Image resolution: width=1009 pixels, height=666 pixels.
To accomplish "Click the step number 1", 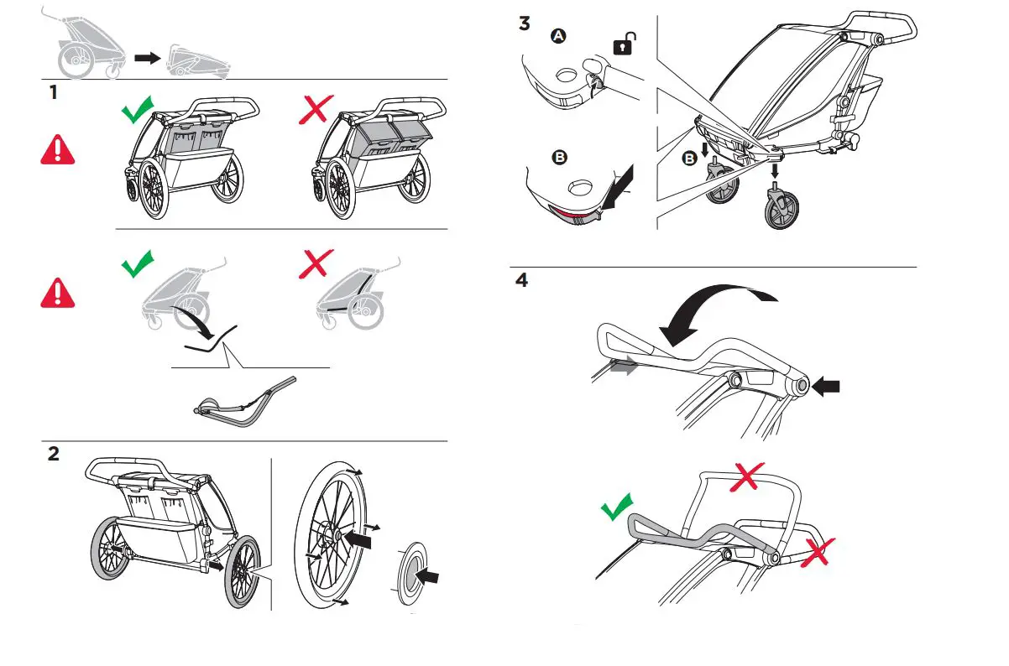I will click(54, 92).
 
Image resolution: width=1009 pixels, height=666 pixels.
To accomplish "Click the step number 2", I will click(54, 454).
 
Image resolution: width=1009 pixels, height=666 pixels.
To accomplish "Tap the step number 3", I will click(525, 23).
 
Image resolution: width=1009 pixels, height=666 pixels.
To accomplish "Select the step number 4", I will click(522, 281).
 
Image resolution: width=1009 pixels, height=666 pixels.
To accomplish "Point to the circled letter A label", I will click(557, 36).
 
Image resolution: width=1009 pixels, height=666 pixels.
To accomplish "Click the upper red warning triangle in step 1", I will click(57, 149).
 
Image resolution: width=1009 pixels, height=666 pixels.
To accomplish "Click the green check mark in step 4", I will click(617, 507).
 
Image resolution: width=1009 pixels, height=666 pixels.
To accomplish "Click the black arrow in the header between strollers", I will click(147, 58).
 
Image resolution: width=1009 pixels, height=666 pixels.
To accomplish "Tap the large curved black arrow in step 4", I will click(714, 310).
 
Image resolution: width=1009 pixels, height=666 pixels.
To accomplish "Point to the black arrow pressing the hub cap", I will click(428, 577).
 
